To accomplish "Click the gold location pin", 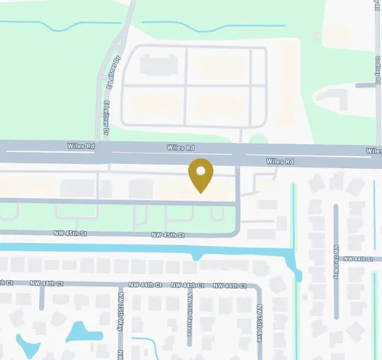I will (x=201, y=174).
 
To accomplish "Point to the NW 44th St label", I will (x=363, y=259).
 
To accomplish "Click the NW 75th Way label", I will (x=121, y=309).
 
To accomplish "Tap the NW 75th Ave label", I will (x=258, y=321).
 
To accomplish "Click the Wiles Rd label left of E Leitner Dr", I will (x=81, y=147).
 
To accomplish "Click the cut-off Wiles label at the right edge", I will (x=374, y=151).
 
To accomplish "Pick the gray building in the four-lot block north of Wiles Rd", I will (x=155, y=65).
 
